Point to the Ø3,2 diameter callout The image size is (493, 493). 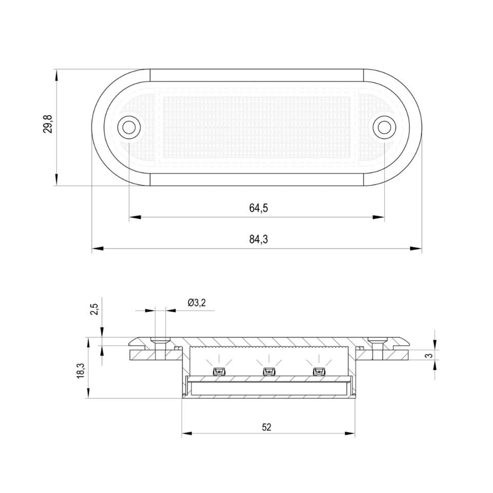[x=197, y=302]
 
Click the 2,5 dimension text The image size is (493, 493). [x=93, y=310]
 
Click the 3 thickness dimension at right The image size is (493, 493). [x=443, y=355]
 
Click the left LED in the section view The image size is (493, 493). [x=218, y=371]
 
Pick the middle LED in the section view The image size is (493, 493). [x=268, y=371]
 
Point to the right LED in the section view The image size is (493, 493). [x=318, y=371]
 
